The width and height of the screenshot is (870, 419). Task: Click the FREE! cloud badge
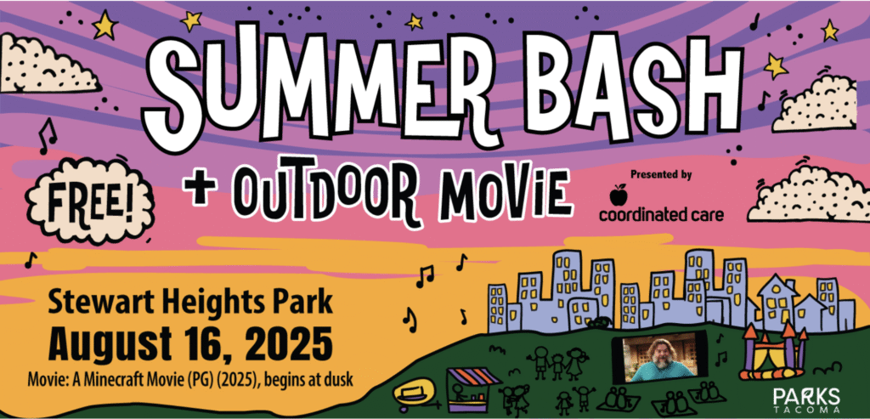(x=89, y=201)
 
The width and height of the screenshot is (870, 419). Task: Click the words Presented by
(x=661, y=174)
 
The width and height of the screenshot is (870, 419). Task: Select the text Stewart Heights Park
(x=189, y=303)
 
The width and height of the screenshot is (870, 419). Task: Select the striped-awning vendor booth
(x=472, y=388)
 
